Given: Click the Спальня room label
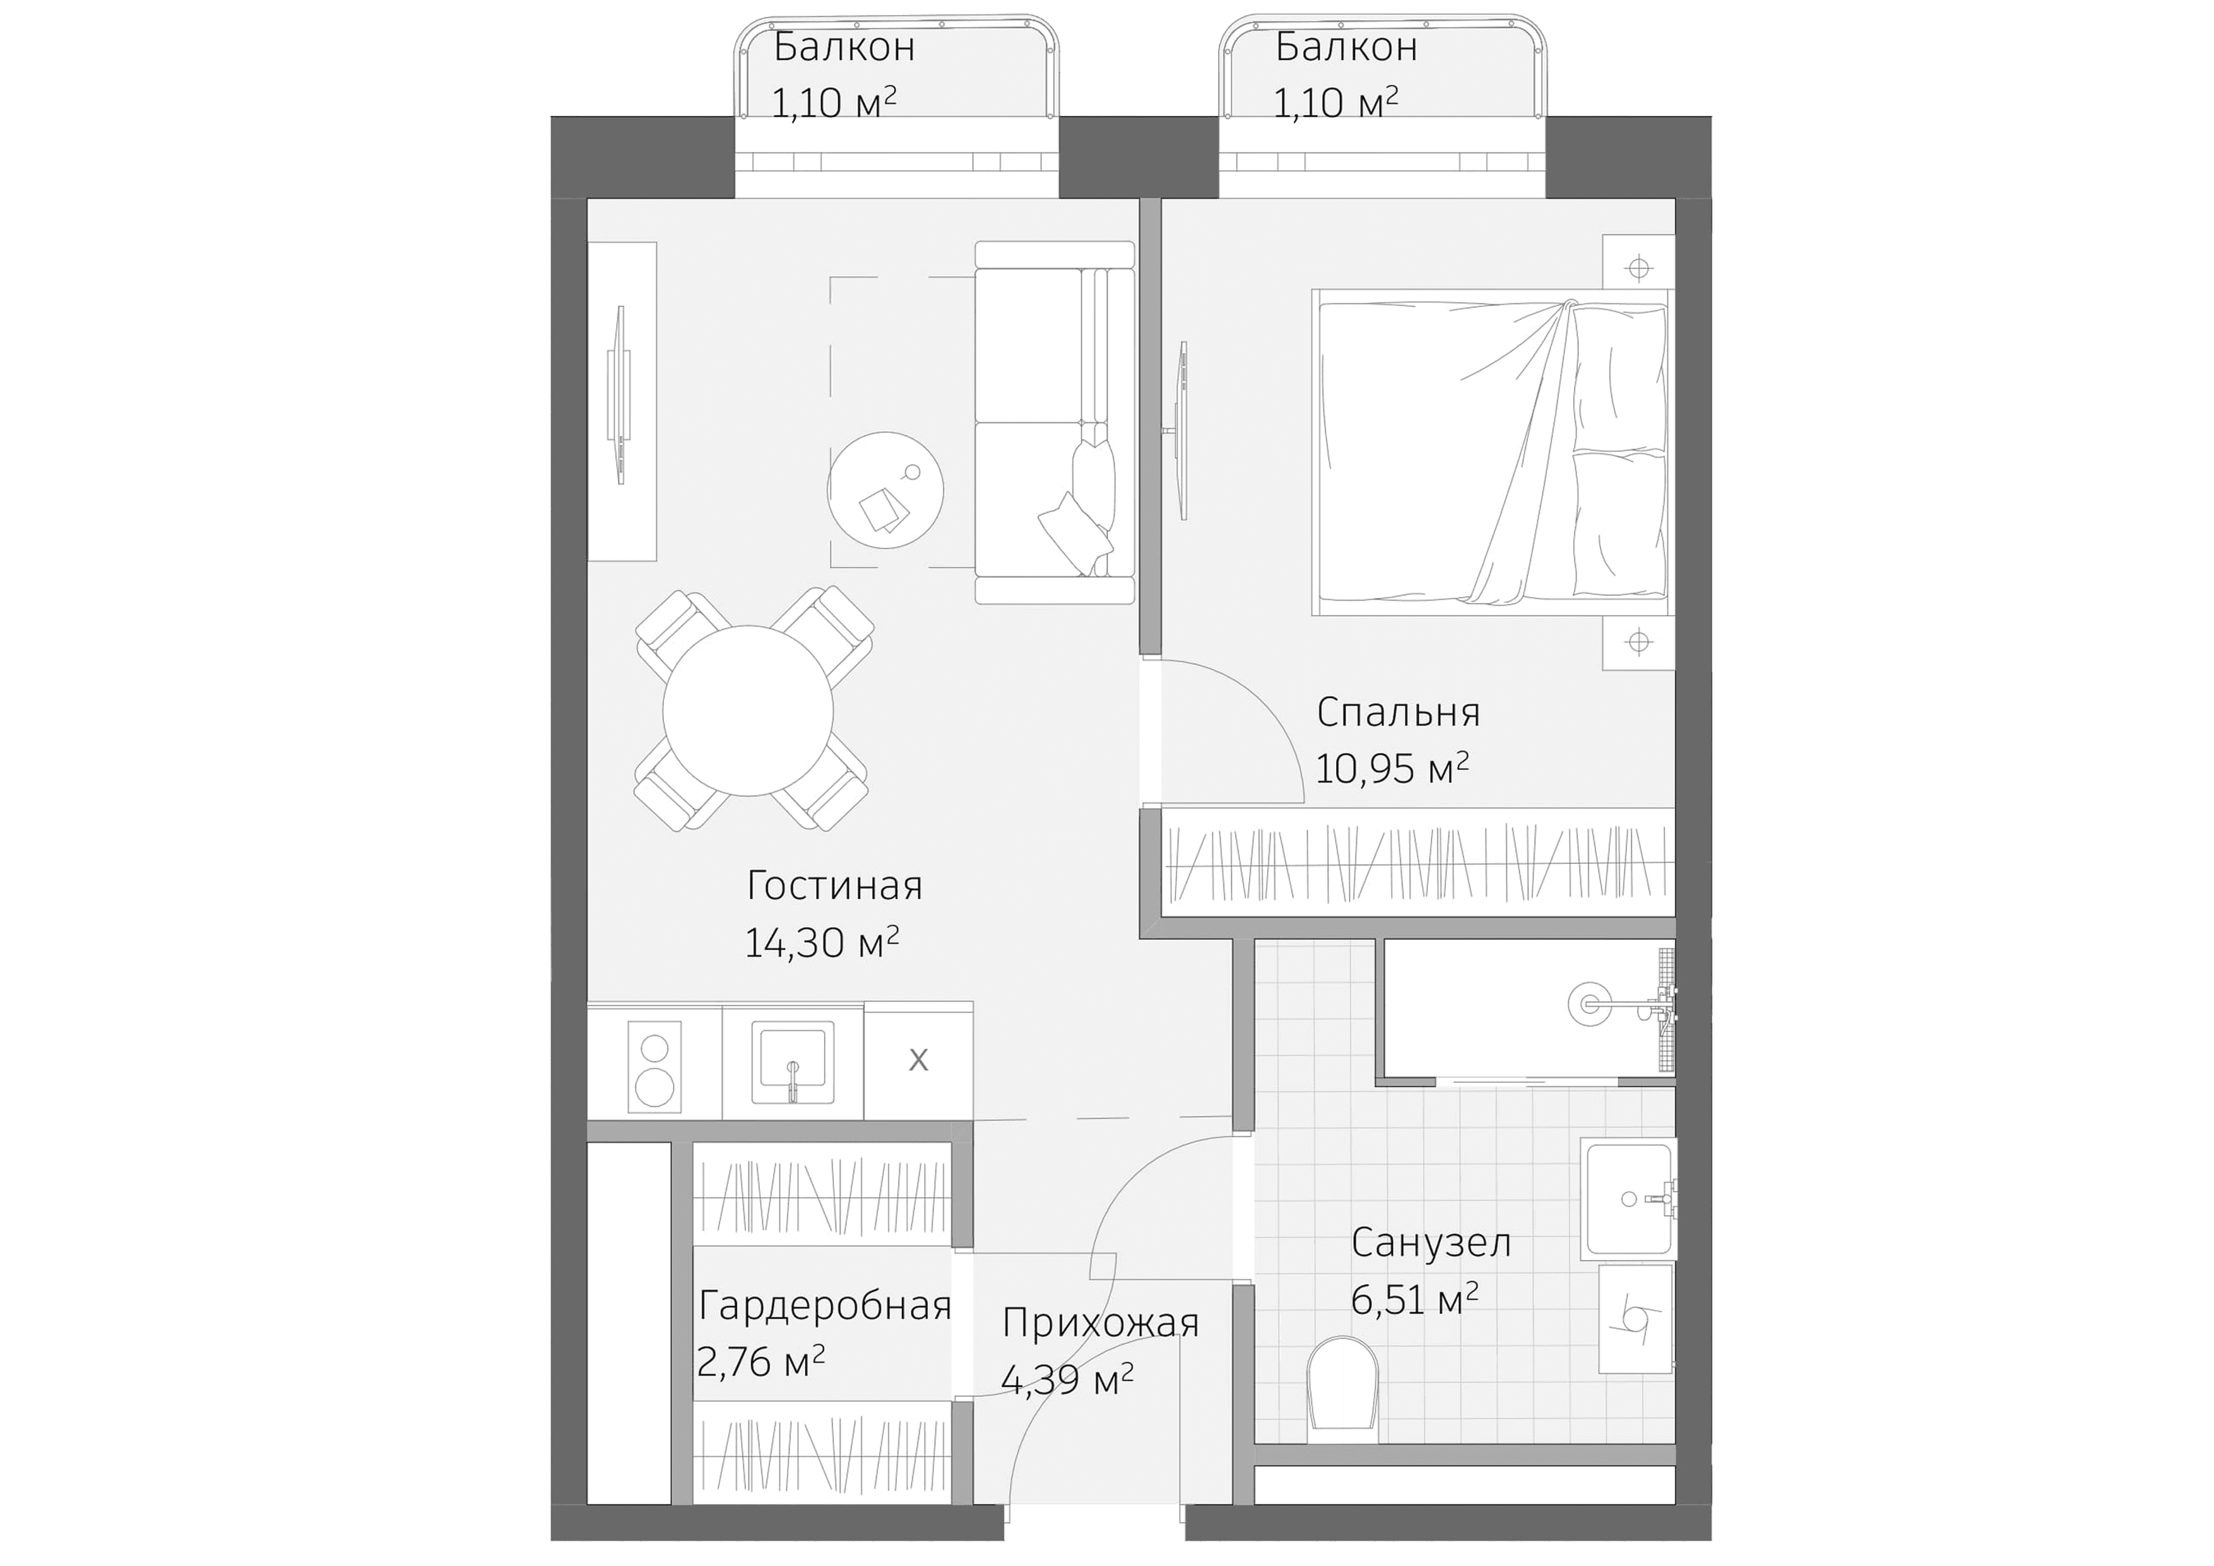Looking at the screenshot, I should (1397, 713).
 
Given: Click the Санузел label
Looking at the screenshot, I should (1430, 1243).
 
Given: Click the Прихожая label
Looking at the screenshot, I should (1100, 1323).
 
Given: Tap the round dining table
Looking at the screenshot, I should (747, 711).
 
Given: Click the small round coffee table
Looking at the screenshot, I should (885, 490).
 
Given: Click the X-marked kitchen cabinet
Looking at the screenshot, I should (918, 1060).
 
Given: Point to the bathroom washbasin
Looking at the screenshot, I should (1628, 1199).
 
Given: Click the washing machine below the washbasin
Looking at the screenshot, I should (1635, 1318).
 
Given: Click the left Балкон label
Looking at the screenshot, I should (844, 46).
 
